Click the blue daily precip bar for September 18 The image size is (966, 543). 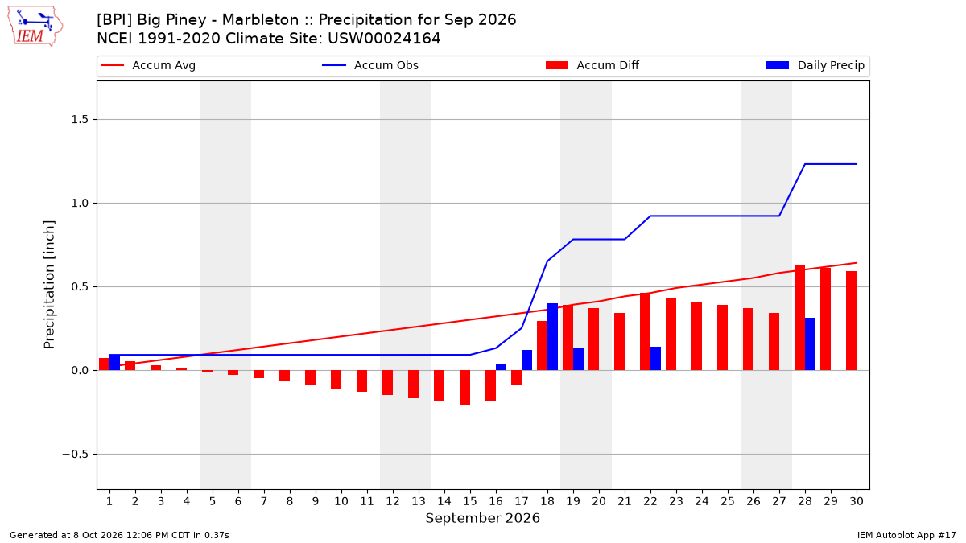pos(552,336)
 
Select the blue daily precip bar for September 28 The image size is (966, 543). pos(810,344)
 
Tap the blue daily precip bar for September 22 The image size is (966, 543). pos(655,359)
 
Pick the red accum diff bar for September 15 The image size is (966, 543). pos(465,388)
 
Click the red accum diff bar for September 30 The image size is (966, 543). pos(852,321)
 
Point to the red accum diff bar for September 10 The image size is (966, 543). pos(336,379)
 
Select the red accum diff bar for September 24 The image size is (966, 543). pos(696,336)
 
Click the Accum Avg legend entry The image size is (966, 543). pos(148,65)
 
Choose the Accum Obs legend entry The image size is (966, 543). pos(370,65)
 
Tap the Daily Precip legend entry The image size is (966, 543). pos(815,65)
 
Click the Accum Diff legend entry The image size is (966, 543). pos(592,65)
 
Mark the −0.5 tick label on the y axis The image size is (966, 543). pos(76,455)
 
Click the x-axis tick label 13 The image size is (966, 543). pos(419,501)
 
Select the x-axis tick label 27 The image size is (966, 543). pos(779,501)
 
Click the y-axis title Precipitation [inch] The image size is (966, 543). pos(49,285)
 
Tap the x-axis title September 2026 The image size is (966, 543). pos(482,518)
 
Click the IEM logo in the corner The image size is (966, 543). pos(35,27)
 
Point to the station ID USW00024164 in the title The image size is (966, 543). pos(384,39)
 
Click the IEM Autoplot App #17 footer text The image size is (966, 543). pos(906,535)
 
